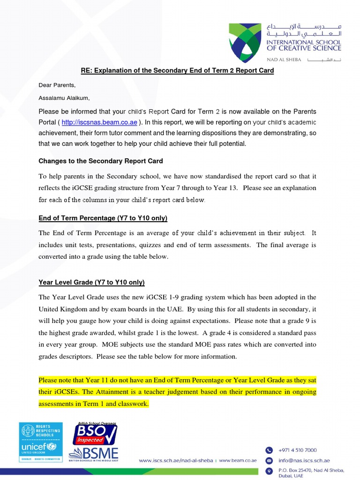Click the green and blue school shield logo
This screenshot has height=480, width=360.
click(x=245, y=43)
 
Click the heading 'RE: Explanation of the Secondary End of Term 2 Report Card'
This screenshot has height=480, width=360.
click(x=177, y=71)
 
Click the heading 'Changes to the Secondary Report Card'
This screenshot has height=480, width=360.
click(x=101, y=161)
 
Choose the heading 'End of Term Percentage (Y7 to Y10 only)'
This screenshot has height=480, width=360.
click(x=103, y=218)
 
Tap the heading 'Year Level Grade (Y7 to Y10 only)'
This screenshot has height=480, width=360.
click(x=91, y=283)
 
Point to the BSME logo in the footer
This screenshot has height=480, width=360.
click(x=93, y=455)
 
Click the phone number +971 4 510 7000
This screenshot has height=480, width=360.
click(x=298, y=450)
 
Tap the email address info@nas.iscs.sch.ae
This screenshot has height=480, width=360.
click(x=304, y=460)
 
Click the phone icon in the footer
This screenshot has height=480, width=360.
click(x=269, y=450)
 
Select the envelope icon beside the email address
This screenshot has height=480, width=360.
click(x=269, y=460)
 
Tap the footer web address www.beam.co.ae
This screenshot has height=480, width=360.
click(x=238, y=461)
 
